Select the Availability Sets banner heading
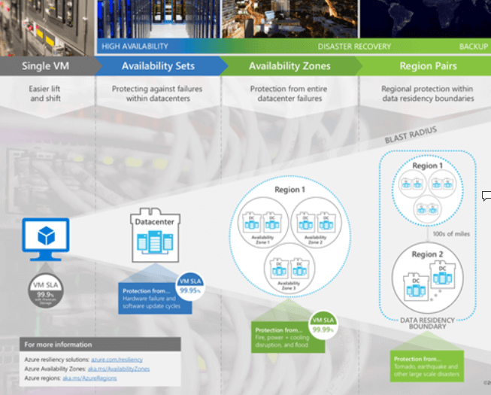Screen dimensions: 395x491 pos(158,65)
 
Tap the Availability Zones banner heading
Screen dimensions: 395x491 pos(289,65)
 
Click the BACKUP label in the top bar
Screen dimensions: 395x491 pos(473,47)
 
